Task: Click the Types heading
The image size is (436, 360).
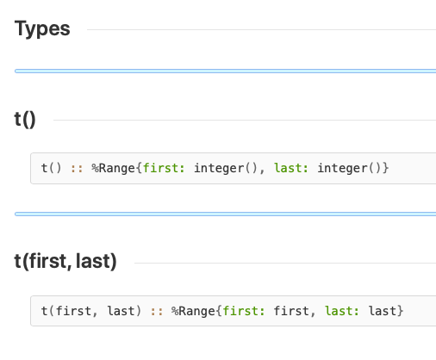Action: pyautogui.click(x=42, y=28)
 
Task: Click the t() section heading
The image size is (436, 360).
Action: pyautogui.click(x=25, y=120)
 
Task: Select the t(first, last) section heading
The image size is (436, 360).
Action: pyautogui.click(x=65, y=262)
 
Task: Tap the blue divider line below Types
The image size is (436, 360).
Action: pyautogui.click(x=226, y=71)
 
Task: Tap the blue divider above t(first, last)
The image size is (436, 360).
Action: pyautogui.click(x=226, y=214)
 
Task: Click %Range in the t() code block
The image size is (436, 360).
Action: pyautogui.click(x=114, y=168)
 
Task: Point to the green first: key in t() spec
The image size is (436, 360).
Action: pyautogui.click(x=164, y=168)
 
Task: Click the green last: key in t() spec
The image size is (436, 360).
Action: pyautogui.click(x=291, y=168)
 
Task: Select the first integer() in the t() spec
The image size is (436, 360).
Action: pyautogui.click(x=226, y=168)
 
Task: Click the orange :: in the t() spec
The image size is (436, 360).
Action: pyautogui.click(x=77, y=169)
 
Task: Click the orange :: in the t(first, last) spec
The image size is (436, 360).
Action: pyautogui.click(x=157, y=312)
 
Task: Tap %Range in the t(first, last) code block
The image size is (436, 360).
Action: pyautogui.click(x=193, y=311)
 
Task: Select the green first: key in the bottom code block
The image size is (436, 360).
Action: pyautogui.click(x=244, y=311)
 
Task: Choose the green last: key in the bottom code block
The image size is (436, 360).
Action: pyautogui.click(x=342, y=311)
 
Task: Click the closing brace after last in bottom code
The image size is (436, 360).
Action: pyautogui.click(x=401, y=311)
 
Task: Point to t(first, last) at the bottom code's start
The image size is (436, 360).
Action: pyautogui.click(x=91, y=311)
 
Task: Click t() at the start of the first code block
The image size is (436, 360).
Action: pyautogui.click(x=51, y=168)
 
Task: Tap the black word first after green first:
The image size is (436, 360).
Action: pyautogui.click(x=291, y=311)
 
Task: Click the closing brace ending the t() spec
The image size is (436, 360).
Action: pyautogui.click(x=385, y=168)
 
